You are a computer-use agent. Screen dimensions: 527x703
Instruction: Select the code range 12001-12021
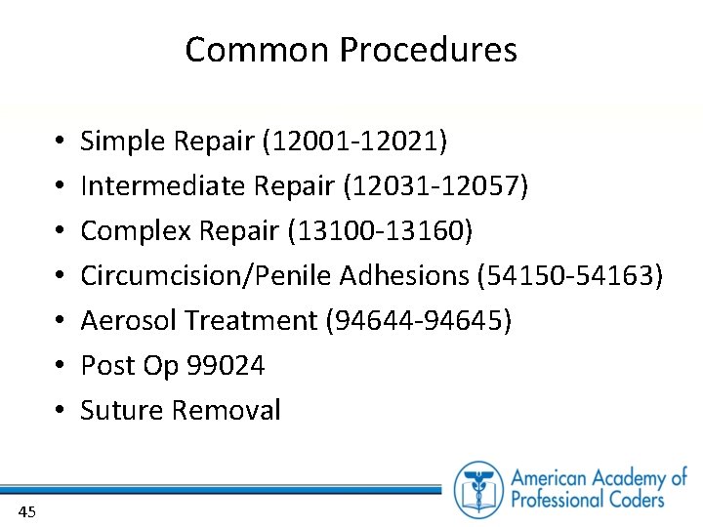tap(354, 142)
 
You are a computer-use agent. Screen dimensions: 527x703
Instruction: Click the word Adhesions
tap(404, 276)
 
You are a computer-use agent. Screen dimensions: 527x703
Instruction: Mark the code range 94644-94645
tap(418, 320)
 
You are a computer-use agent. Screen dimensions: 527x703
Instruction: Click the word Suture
tap(121, 411)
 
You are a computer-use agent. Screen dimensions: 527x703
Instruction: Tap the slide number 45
tap(27, 510)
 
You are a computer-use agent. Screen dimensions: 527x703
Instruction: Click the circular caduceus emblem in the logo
tap(478, 489)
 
